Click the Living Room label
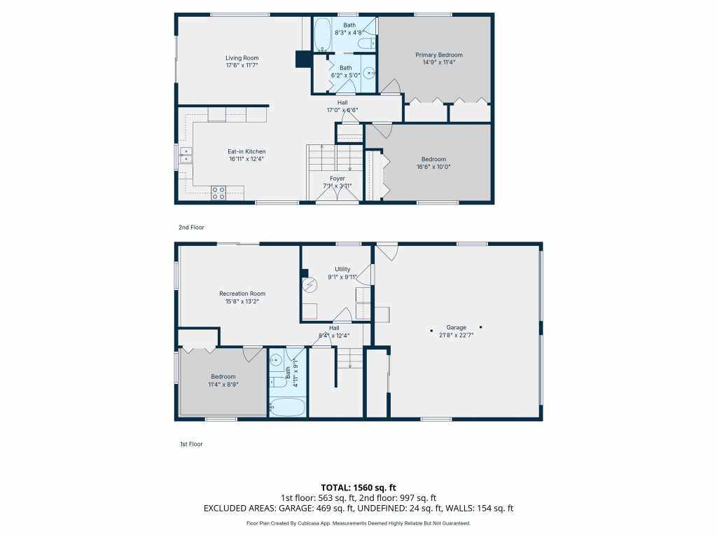tap(242, 57)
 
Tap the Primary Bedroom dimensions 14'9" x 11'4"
tap(439, 62)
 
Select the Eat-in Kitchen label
tap(246, 151)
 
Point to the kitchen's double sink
tap(186, 155)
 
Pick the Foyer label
tap(337, 179)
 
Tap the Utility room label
tap(342, 269)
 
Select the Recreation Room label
tap(242, 294)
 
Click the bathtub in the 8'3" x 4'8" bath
tap(322, 35)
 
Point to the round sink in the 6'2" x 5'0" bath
tap(370, 73)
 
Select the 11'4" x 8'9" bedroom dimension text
tap(223, 384)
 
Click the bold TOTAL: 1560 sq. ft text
tap(358, 487)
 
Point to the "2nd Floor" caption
tap(191, 228)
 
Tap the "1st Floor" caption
tap(190, 444)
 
